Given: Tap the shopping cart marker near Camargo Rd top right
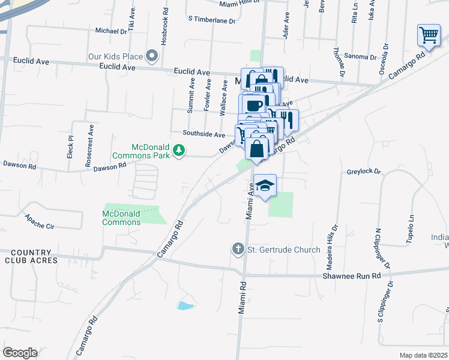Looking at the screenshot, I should point(429,35).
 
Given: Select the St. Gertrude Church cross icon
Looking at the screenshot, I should point(238,248).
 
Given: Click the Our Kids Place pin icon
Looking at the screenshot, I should point(152,57).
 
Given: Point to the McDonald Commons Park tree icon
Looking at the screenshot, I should point(178,151).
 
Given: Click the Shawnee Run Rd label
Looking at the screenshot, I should point(360,276).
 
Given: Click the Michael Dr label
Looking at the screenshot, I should point(111,31).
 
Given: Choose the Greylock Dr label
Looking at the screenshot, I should point(364,172).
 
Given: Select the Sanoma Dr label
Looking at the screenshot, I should point(361,57).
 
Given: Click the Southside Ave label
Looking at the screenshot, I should point(205,134).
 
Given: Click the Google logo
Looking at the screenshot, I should point(20,353).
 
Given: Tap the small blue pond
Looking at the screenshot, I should point(185,306).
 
